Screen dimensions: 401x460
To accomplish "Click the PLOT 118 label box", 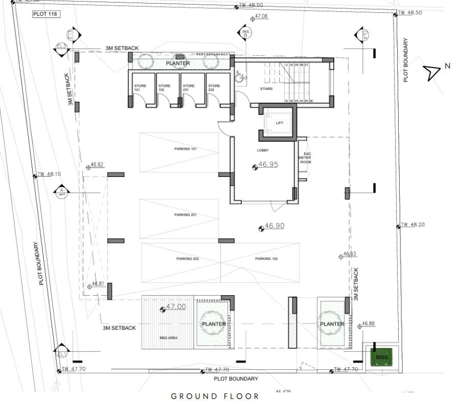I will tap(45, 14).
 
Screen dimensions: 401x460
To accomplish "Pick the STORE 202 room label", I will tap(214, 87).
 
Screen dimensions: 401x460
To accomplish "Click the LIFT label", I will tap(279, 123).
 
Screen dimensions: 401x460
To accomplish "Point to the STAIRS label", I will tap(266, 88).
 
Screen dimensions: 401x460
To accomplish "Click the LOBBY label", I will tap(263, 150).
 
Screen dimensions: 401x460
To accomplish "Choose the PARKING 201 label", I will tap(186, 215).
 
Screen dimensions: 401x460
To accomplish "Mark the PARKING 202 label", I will tap(188, 259).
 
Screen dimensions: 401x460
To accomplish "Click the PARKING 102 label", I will tap(266, 259).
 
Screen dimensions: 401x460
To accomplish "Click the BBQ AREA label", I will tap(168, 338).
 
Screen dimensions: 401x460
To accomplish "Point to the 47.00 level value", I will tap(176, 307).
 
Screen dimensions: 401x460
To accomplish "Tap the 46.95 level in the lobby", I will tap(268, 165).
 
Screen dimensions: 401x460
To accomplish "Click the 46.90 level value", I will tap(274, 226).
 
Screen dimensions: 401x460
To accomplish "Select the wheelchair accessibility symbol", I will tap(239, 77).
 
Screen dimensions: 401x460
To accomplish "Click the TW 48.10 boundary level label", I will tap(50, 174).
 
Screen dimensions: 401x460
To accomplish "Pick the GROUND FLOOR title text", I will tap(215, 396).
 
